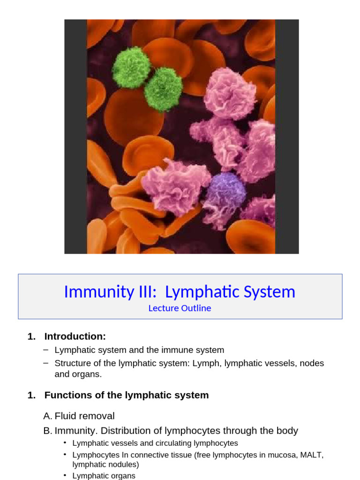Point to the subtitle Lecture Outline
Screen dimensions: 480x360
[x=180, y=308]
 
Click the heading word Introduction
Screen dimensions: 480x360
[x=75, y=337]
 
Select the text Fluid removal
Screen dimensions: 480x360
[x=84, y=416]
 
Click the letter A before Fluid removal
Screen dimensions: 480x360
[x=46, y=416]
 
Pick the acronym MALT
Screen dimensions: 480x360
[x=311, y=455]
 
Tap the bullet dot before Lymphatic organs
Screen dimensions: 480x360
[x=65, y=476]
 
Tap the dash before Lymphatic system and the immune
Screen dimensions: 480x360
[x=45, y=350]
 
